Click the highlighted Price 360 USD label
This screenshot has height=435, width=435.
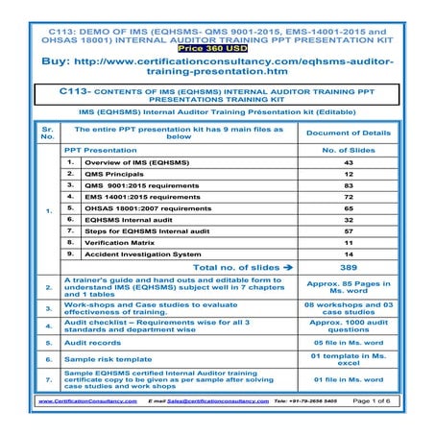[216, 45]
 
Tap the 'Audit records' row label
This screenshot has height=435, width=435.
[96, 342]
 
